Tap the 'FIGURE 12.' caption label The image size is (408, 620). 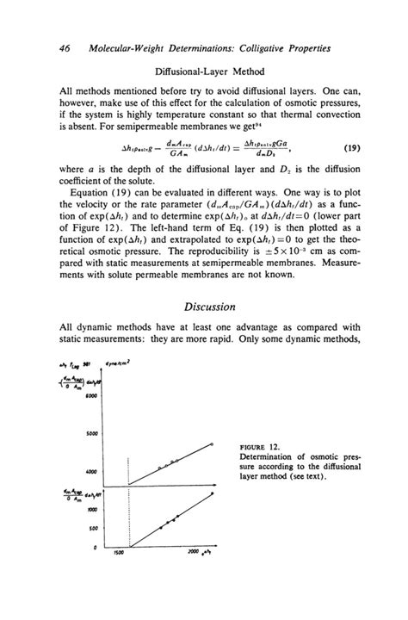coord(257,449)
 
